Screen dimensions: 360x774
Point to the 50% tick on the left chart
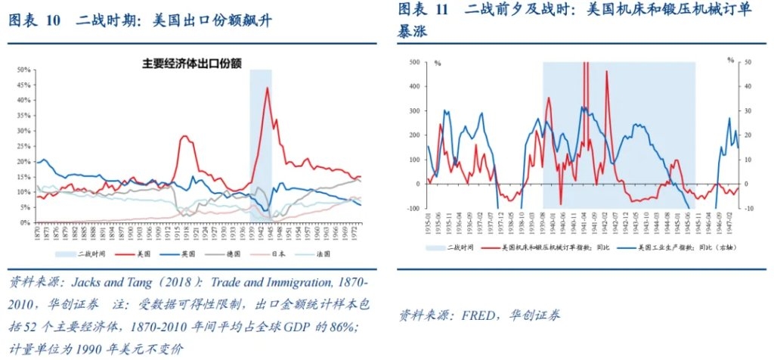[23, 70]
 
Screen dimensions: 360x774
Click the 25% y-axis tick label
[23, 146]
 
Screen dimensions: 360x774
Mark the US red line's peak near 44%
[267, 88]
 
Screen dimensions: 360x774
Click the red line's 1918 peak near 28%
[184, 136]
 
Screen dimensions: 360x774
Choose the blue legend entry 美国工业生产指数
[685, 247]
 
